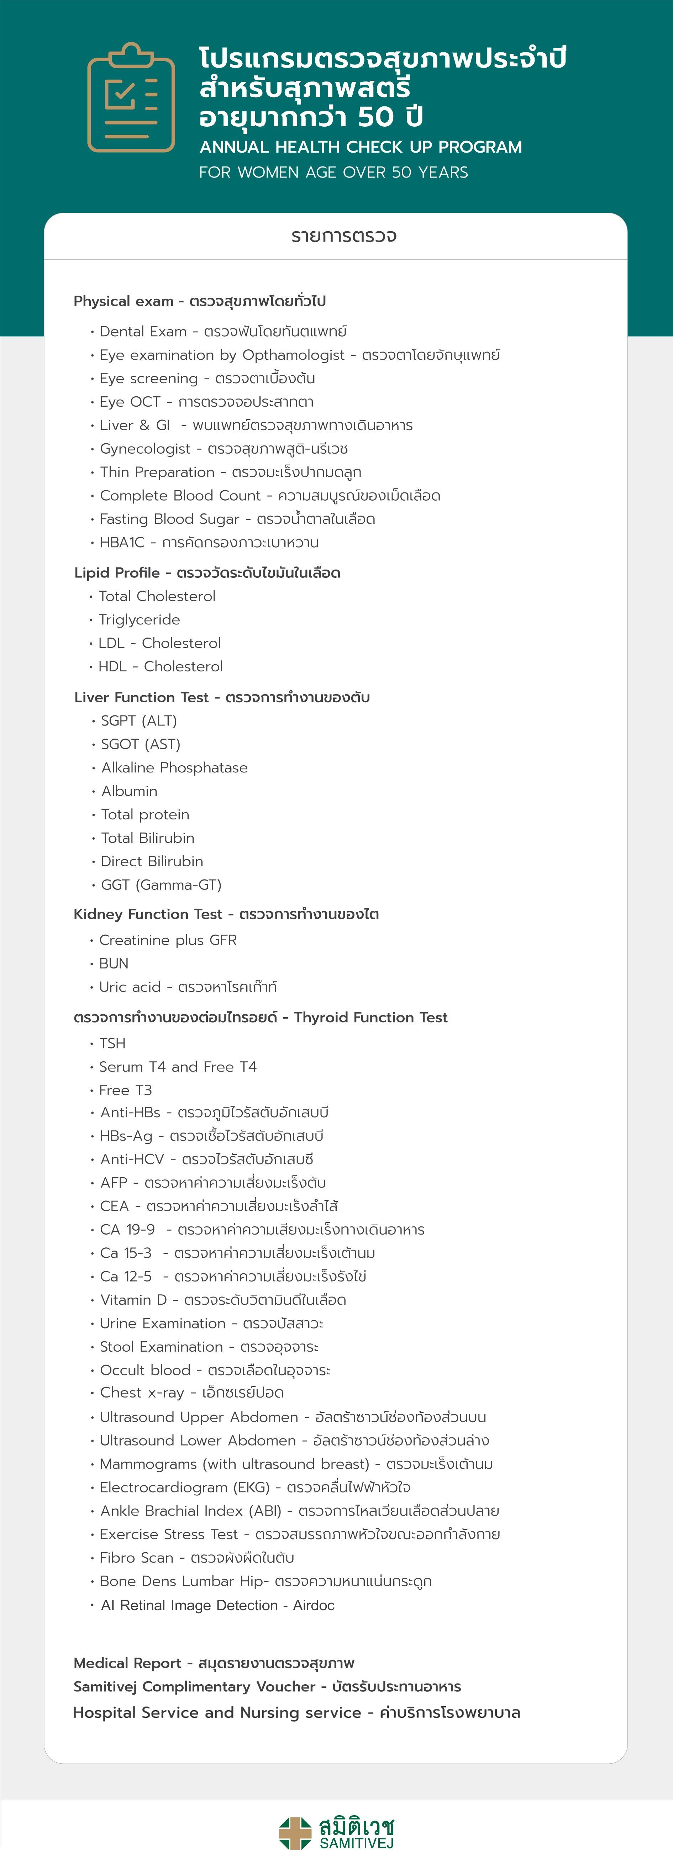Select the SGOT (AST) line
click(140, 744)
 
